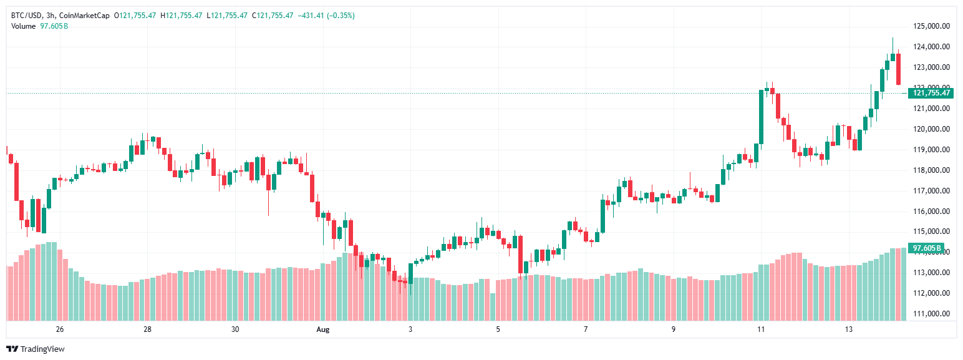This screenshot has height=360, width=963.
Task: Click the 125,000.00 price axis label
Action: [x=931, y=26]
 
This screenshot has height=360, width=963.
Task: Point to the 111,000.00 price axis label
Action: [x=931, y=314]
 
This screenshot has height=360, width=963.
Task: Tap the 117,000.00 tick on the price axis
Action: [x=931, y=191]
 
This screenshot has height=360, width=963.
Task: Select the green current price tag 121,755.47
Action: [x=931, y=93]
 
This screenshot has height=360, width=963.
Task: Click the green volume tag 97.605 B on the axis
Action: [x=926, y=248]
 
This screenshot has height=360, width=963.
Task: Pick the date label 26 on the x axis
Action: [x=60, y=329]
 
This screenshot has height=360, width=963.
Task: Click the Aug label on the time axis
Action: [x=322, y=329]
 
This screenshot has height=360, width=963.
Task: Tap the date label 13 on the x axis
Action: [x=848, y=329]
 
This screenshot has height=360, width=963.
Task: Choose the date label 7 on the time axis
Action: [x=586, y=329]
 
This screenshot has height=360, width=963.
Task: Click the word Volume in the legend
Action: [x=24, y=26]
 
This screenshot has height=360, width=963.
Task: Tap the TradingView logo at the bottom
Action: [x=36, y=349]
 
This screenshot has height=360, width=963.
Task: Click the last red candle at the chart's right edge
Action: [x=898, y=69]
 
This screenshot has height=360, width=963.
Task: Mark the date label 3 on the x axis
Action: [x=410, y=329]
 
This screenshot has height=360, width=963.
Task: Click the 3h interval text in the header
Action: [x=51, y=16]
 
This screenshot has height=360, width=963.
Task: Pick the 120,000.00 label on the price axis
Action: [x=931, y=129]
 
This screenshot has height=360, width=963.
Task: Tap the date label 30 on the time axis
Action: [x=235, y=329]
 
